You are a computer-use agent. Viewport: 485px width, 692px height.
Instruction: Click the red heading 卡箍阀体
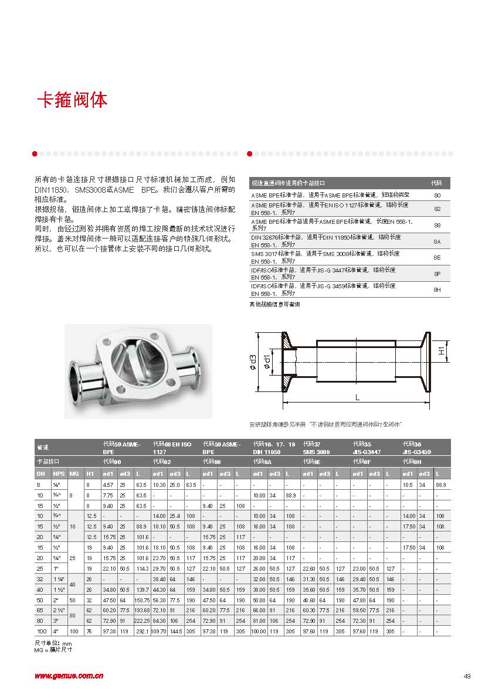pos(72,100)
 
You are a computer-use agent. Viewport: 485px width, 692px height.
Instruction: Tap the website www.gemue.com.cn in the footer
pos(69,675)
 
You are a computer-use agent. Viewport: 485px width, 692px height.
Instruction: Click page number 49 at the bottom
pos(467,676)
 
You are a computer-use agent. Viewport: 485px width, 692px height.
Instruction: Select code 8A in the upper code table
pos(437,241)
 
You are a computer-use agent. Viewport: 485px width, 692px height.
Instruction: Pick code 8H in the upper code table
pos(437,289)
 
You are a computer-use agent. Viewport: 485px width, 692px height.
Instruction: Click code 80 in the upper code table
pos(437,194)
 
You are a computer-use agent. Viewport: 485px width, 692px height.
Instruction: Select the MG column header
pos(73,473)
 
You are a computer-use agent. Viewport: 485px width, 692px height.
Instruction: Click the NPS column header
pos(57,473)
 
